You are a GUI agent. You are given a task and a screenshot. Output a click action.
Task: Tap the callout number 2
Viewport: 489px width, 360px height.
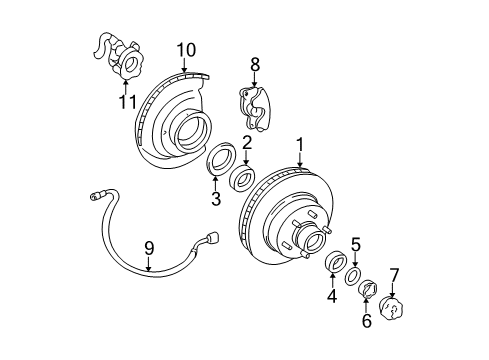(245, 144)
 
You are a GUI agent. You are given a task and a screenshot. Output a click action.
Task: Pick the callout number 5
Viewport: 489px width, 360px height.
(355, 243)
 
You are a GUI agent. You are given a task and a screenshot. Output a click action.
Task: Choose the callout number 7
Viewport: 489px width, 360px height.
(393, 273)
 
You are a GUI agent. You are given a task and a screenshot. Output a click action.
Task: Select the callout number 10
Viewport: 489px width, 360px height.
(186, 49)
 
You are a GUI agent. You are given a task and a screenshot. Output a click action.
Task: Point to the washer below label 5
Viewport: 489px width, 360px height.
(353, 275)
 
